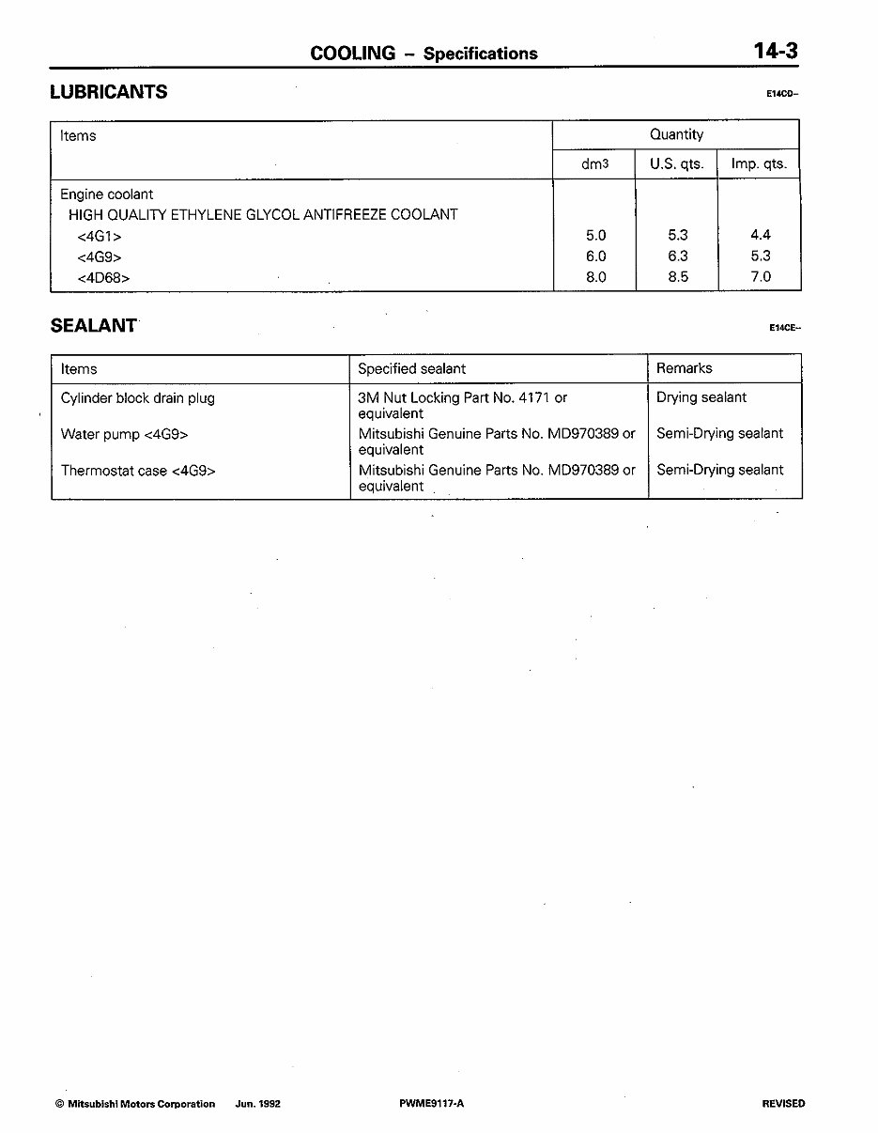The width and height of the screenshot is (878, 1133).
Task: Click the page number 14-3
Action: click(775, 51)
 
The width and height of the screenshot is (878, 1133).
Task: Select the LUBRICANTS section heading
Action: click(109, 92)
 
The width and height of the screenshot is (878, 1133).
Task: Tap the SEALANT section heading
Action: click(94, 325)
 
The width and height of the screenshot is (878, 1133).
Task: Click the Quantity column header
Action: click(676, 134)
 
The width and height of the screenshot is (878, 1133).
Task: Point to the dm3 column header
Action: click(595, 163)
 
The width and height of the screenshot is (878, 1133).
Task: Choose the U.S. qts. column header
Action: click(677, 163)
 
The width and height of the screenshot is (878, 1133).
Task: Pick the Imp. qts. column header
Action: click(759, 163)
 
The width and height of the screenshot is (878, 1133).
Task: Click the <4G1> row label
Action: click(100, 236)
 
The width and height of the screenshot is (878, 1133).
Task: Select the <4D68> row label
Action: click(103, 277)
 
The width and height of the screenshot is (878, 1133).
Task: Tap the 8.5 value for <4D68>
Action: click(677, 277)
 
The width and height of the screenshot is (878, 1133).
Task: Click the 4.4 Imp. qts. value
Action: click(761, 236)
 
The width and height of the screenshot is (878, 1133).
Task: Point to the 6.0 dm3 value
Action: click(595, 256)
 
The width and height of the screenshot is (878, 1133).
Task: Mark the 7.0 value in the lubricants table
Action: click(761, 277)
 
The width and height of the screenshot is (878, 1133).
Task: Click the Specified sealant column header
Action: click(411, 369)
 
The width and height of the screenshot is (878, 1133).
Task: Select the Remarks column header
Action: click(684, 368)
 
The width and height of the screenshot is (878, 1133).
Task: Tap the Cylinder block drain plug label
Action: click(137, 398)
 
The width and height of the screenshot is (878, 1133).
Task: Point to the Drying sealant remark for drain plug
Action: click(701, 397)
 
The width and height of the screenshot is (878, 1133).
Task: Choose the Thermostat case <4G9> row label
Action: click(138, 471)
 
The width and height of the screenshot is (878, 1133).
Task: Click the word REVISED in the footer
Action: click(783, 1104)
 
